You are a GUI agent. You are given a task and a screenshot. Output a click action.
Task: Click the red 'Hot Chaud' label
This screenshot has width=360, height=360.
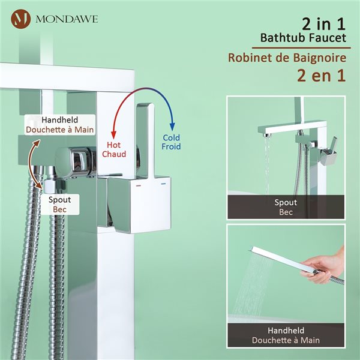[x=113, y=149]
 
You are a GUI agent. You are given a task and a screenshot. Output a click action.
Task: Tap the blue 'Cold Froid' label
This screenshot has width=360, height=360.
[x=172, y=142]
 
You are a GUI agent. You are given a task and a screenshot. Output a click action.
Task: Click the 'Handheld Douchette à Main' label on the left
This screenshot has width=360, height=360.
[x=50, y=124]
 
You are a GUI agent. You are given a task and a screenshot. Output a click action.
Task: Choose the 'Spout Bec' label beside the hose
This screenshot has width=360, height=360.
[x=59, y=204]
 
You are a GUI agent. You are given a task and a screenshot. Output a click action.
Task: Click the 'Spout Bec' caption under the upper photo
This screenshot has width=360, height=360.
[x=286, y=206]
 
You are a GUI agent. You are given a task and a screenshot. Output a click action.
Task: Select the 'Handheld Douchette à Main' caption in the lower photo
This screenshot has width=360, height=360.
[x=286, y=335]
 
